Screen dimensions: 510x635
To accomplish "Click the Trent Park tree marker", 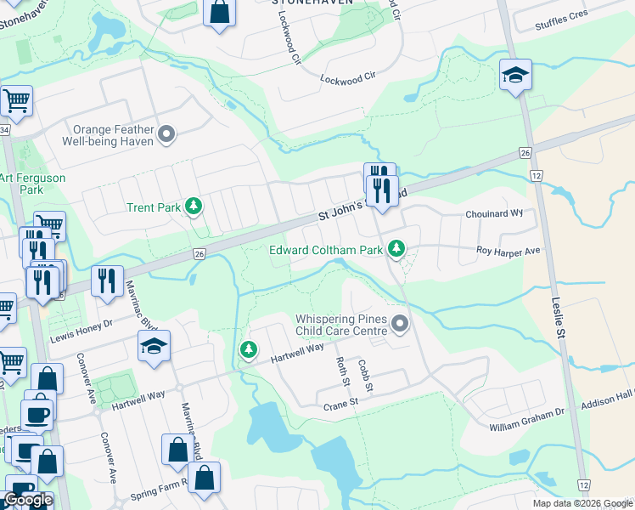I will click(x=194, y=206).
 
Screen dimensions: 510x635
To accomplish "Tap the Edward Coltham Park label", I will click(x=326, y=250).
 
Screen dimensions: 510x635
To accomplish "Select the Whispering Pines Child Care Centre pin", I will click(x=401, y=324).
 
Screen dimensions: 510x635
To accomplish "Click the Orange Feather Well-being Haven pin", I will click(x=166, y=133).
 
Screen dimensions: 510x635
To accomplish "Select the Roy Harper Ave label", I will click(x=508, y=252).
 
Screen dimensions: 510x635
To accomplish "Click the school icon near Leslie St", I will click(x=515, y=75).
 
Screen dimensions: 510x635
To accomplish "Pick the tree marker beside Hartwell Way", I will click(x=248, y=349).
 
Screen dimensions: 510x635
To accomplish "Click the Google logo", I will click(x=28, y=500).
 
